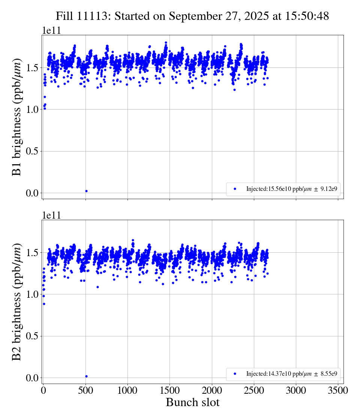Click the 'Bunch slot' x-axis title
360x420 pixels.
tap(192, 402)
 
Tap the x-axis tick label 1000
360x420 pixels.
tap(127, 390)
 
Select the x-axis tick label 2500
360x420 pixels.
tap(254, 390)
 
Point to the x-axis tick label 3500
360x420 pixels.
tap(338, 390)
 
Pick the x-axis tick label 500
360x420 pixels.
tap(85, 390)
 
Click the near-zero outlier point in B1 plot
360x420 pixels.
tap(86, 191)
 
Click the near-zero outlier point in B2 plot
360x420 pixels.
tap(86, 376)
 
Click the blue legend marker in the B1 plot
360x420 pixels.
tap(235, 189)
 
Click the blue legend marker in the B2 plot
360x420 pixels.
tap(235, 373)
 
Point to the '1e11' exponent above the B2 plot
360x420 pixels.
tap(51, 215)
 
